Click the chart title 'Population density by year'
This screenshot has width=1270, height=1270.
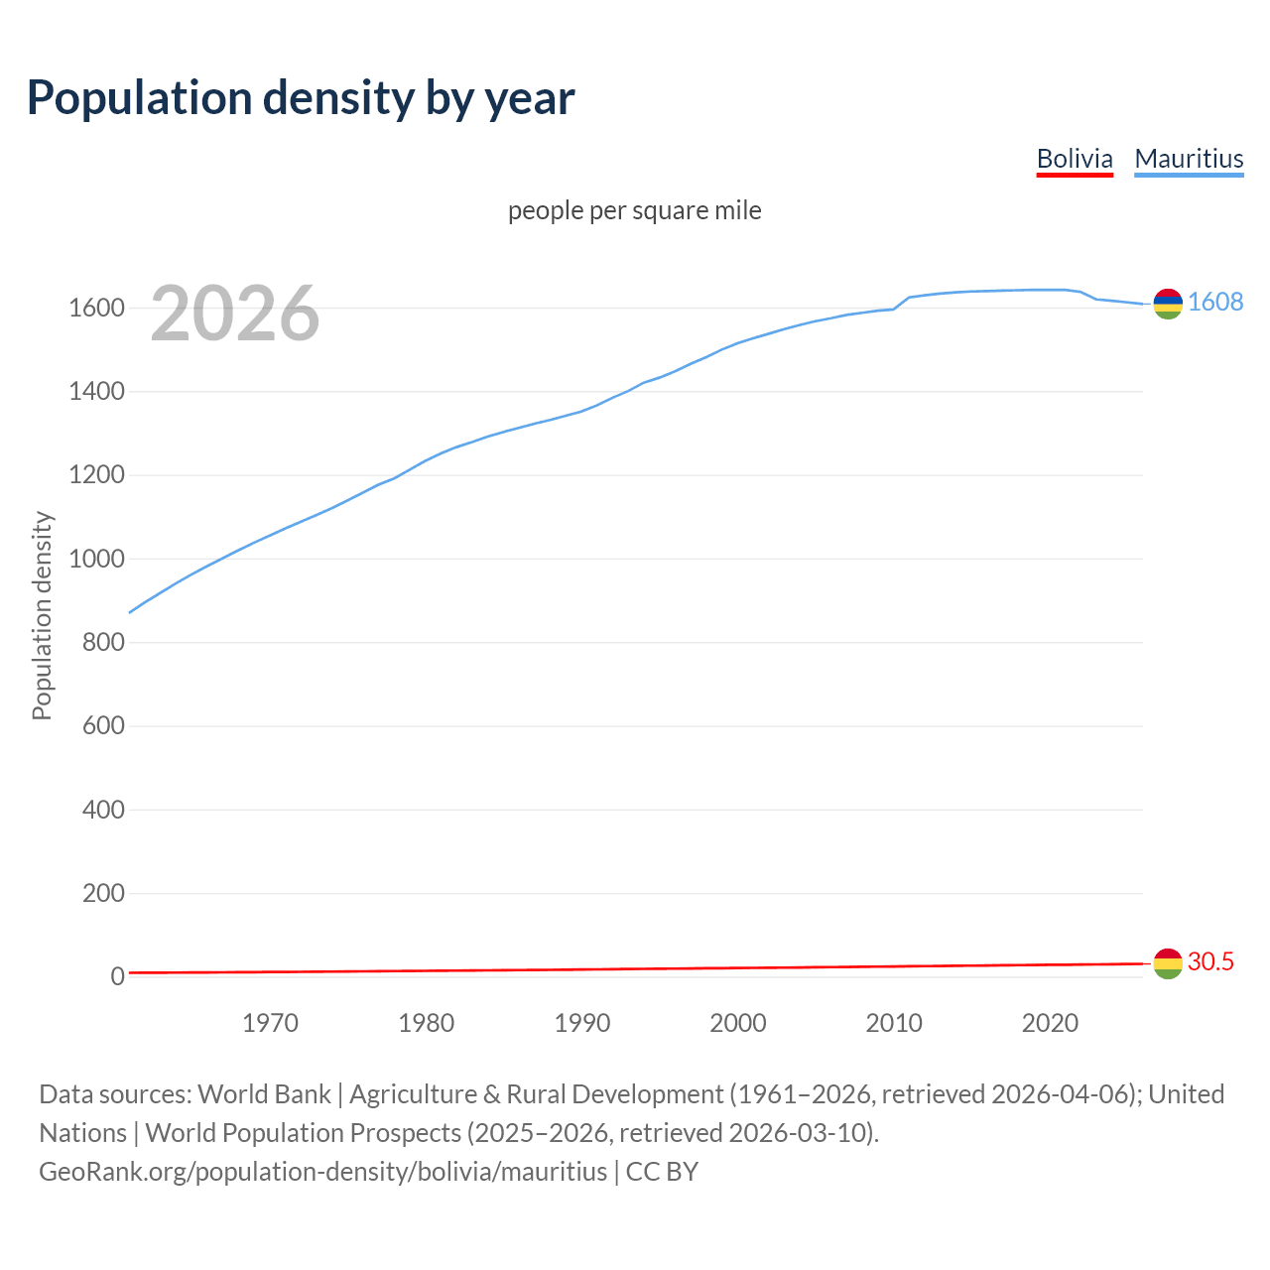301,98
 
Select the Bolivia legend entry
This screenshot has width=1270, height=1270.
1075,159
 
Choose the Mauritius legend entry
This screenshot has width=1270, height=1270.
1189,159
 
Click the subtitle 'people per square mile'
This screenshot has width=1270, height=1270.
635,210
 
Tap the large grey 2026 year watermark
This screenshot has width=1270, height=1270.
235,314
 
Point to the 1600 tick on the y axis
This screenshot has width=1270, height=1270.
96,309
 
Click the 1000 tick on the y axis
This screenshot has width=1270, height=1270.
96,560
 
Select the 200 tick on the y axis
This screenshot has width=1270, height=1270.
103,894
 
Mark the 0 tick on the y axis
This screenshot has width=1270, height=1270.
117,977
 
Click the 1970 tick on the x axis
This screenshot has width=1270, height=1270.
270,1023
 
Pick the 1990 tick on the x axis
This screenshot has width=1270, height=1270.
582,1023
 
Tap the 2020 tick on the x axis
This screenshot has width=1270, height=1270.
1050,1023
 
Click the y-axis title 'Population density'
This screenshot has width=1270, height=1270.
42,615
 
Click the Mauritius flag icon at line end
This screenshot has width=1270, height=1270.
1168,304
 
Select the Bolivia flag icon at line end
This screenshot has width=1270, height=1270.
1168,963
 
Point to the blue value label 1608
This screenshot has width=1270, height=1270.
1215,302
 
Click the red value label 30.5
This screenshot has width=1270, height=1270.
1210,961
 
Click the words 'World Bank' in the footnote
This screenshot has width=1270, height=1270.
264,1094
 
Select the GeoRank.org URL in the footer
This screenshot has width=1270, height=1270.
322,1172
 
